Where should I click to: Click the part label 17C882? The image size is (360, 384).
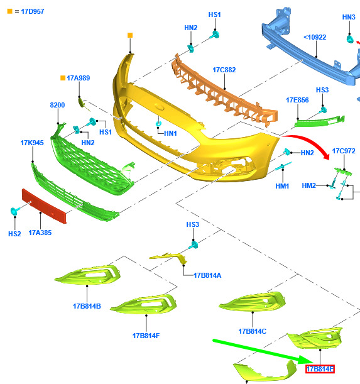[224, 70]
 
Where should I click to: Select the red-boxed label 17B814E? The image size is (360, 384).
[320, 369]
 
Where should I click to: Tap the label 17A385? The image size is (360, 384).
[40, 233]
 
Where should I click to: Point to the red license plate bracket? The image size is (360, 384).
[44, 206]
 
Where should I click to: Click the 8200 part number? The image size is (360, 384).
[57, 105]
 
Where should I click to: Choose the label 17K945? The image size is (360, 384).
[32, 143]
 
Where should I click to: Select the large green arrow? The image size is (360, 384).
[263, 352]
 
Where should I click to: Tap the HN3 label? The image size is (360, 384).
[349, 17]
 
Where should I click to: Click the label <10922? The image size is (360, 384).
[315, 37]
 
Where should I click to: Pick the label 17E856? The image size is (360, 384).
[297, 100]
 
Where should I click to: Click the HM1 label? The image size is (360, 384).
[282, 186]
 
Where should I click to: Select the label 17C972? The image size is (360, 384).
[344, 151]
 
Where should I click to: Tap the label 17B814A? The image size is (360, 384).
[207, 275]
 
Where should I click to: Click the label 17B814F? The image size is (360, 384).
[146, 336]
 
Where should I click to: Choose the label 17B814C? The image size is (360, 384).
[252, 331]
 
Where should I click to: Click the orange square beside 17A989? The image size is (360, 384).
[63, 78]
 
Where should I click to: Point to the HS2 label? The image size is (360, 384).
[14, 234]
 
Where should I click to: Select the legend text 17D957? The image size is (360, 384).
[33, 11]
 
